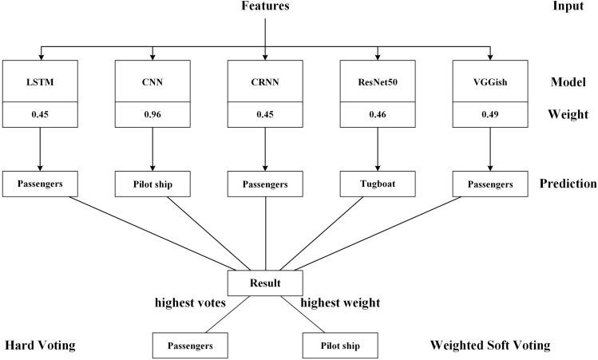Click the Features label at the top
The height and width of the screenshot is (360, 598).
tap(265, 6)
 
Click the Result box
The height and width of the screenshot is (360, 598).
tap(264, 283)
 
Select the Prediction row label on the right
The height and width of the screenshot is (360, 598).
tap(567, 183)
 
